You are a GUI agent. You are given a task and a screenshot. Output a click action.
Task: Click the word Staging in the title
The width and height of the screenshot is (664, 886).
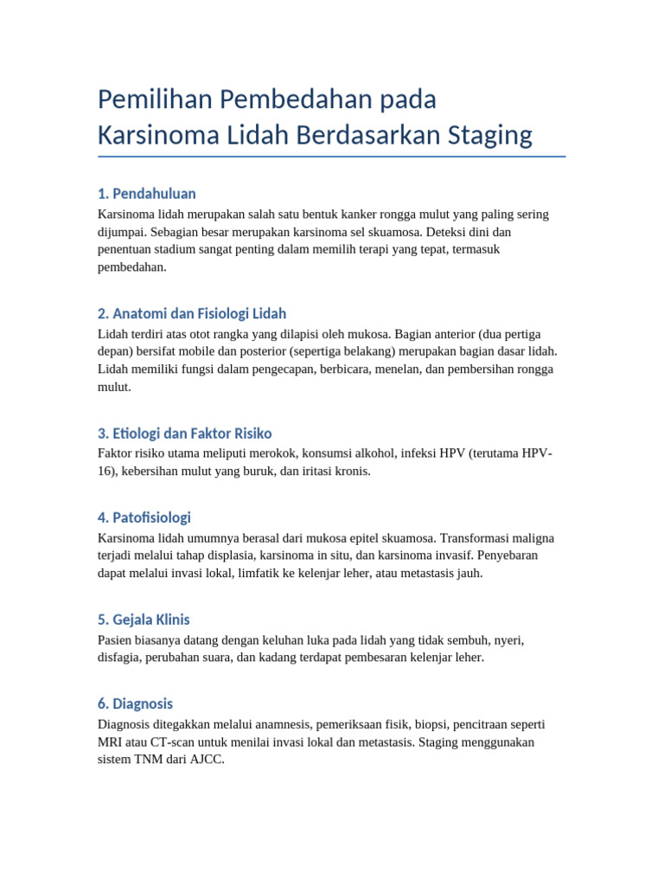pyautogui.click(x=490, y=136)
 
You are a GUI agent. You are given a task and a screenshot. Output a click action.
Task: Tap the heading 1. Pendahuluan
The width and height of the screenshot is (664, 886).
pyautogui.click(x=147, y=193)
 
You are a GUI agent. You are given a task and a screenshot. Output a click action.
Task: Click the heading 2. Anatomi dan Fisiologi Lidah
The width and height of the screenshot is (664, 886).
pyautogui.click(x=192, y=313)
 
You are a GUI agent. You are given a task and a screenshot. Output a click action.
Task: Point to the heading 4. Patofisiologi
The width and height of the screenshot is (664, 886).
pyautogui.click(x=144, y=517)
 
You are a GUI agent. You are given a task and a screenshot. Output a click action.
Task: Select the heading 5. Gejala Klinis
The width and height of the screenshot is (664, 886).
pyautogui.click(x=144, y=620)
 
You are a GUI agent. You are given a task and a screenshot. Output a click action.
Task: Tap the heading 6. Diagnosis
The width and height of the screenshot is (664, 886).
pyautogui.click(x=136, y=703)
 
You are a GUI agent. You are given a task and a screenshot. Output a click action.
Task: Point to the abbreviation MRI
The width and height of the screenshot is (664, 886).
pyautogui.click(x=111, y=742)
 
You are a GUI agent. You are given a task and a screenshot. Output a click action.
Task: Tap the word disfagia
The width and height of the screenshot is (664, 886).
pyautogui.click(x=120, y=658)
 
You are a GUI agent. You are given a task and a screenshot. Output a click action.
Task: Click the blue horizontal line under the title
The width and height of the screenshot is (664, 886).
pyautogui.click(x=332, y=157)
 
